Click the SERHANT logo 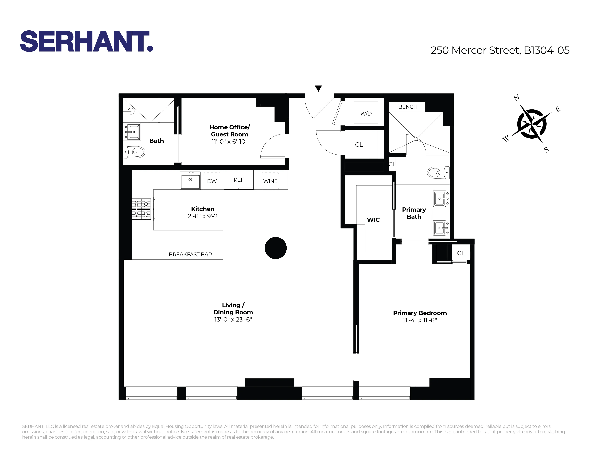coord(87,41)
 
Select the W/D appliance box coord(366,113)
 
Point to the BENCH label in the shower coord(408,107)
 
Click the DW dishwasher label coord(212,181)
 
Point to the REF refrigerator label coord(239,180)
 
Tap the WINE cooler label coord(270,181)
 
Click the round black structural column coord(275,248)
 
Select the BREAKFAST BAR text coord(190,254)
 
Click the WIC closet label coord(373,220)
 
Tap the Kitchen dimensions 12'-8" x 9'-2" coord(202,216)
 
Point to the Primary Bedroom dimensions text coord(420,320)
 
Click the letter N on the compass coord(516,98)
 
